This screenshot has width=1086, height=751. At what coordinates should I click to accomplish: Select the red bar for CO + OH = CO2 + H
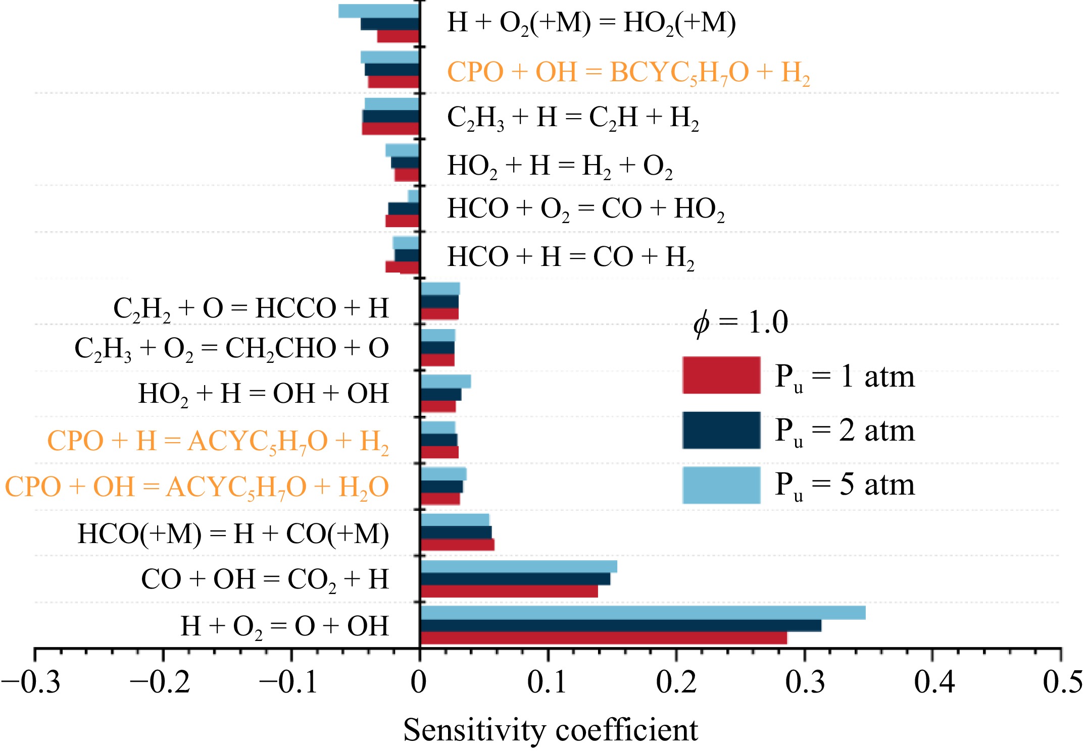pos(509,592)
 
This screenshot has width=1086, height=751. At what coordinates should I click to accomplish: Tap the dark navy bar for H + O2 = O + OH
pos(620,625)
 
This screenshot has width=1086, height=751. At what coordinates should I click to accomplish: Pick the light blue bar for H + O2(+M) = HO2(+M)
pos(379,11)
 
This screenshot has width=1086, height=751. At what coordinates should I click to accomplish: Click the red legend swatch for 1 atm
pos(721,375)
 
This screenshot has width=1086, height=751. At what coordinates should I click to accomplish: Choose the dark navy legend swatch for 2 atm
pos(721,430)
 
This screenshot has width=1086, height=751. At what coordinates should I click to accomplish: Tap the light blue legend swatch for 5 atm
pos(721,485)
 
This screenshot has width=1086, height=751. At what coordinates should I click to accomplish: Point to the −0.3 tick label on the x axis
pos(31,682)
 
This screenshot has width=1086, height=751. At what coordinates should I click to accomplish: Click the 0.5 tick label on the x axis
pos(1062,682)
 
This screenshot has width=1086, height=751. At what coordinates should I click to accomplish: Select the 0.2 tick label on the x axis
pos(676,682)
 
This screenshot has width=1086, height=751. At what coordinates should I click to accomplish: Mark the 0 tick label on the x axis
pos(419,682)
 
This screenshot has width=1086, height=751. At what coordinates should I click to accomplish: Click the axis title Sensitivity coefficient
pos(550,730)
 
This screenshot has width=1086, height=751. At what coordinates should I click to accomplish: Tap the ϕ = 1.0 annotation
pos(740,323)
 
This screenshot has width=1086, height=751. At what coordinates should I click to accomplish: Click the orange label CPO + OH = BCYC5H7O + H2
pos(628,72)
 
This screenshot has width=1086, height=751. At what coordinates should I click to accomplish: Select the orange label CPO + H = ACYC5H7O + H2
pos(218,441)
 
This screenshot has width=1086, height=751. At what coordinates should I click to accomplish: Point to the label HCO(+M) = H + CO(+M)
pos(233,534)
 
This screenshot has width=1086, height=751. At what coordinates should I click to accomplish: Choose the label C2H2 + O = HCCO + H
pos(251,308)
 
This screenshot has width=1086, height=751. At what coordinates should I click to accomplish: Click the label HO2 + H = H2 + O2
pos(560,166)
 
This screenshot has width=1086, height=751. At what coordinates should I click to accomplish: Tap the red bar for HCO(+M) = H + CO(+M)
pos(457,545)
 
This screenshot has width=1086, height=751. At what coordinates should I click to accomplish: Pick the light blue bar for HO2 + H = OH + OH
pos(446,381)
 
